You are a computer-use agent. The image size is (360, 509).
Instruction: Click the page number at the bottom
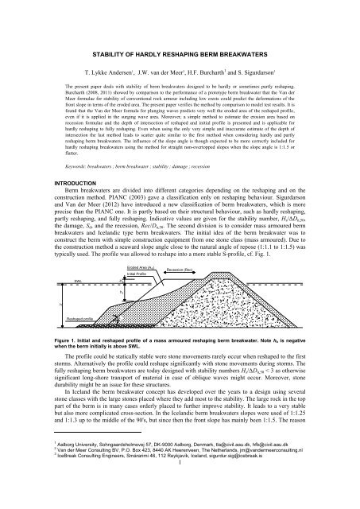pyautogui.click(x=180, y=492)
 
